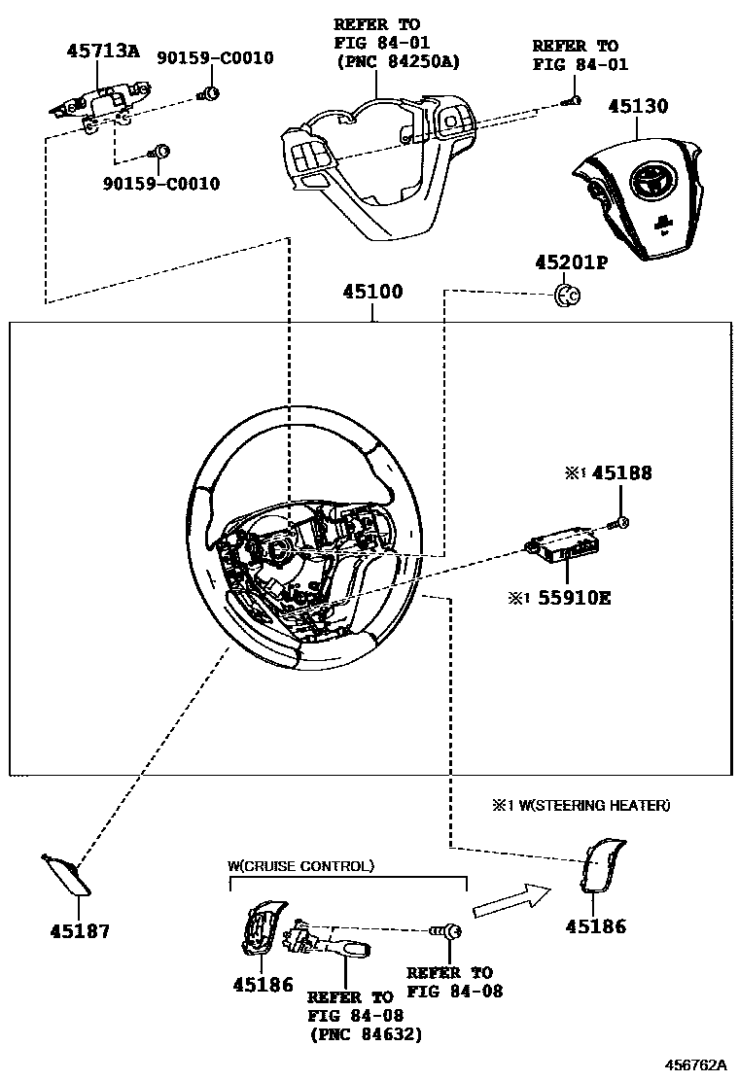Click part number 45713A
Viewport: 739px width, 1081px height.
(102, 52)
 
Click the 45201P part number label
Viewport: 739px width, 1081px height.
(570, 263)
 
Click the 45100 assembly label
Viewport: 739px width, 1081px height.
(372, 292)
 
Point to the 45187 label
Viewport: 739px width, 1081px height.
(80, 930)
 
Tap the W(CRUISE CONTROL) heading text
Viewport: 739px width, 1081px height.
(299, 865)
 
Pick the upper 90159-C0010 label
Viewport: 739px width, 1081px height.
(216, 58)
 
